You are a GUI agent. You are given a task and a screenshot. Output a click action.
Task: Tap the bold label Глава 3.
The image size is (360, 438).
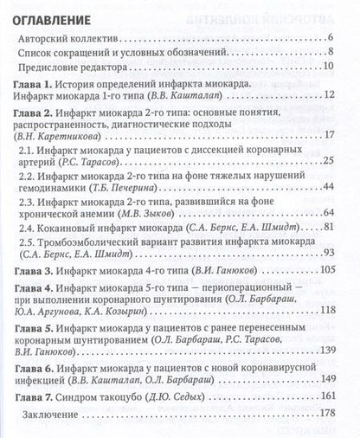(x=35, y=270)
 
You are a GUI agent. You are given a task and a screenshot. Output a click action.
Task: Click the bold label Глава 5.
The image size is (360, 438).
(x=35, y=330)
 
